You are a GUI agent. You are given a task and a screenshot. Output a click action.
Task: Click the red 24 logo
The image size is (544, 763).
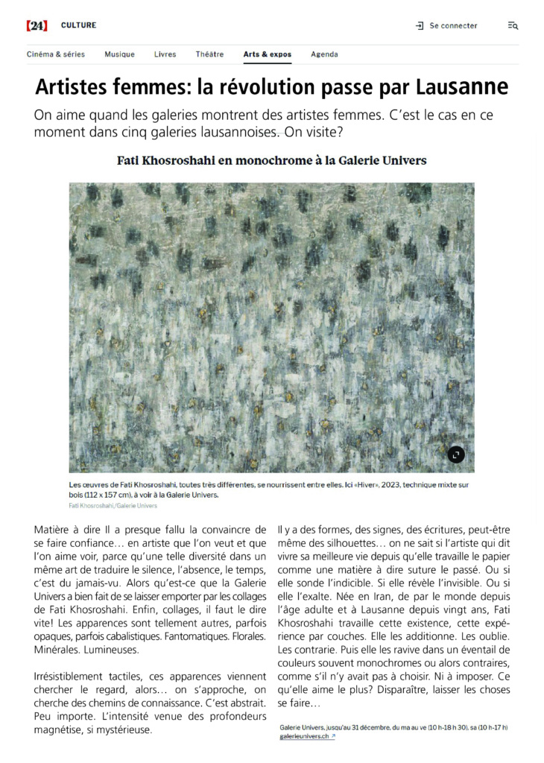tap(37, 25)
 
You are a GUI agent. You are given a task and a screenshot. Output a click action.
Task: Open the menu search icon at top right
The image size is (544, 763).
tap(513, 25)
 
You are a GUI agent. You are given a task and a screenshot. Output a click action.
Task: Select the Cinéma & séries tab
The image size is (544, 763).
tap(56, 54)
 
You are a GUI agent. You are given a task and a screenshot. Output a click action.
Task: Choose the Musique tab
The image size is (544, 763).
tap(119, 54)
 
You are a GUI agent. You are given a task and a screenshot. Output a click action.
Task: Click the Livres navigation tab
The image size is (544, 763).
tap(165, 54)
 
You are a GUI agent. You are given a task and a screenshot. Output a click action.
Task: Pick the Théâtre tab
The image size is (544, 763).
tap(209, 54)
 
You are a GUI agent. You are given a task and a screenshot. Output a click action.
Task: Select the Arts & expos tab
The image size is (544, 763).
tap(267, 54)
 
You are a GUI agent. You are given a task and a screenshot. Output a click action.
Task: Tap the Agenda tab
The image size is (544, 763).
tap(324, 54)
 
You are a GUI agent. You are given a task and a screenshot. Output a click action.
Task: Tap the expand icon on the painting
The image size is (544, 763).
tap(455, 454)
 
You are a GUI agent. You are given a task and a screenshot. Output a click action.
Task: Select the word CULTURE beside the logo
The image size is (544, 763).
tap(78, 25)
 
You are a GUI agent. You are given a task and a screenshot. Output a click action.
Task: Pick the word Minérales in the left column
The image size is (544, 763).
tap(60, 649)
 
